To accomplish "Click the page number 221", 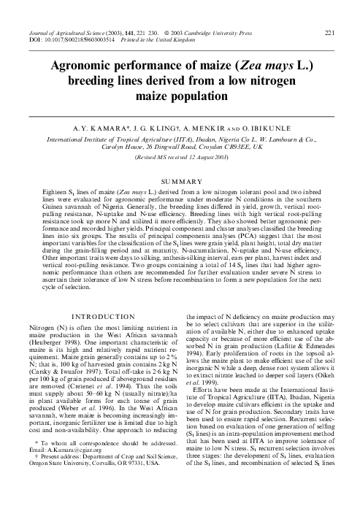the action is point(329,34).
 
